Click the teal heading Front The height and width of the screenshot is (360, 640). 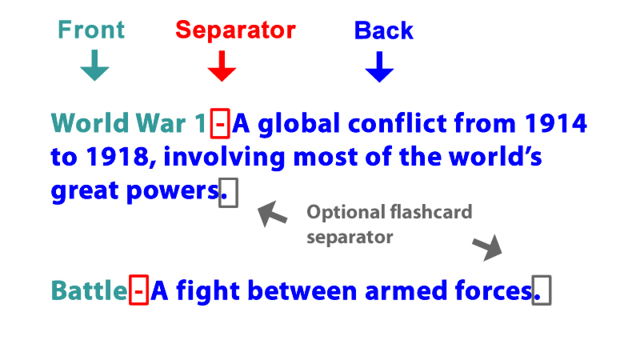pos(91,30)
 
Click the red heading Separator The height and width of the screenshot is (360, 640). pos(235,30)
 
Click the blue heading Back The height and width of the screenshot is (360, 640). pos(384,30)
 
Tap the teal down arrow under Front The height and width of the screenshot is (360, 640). pos(94,66)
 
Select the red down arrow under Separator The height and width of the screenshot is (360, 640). pos(222,66)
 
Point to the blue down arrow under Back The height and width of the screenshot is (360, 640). pos(379,66)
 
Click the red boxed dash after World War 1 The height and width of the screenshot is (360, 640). pos(220,123)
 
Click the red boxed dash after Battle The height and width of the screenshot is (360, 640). pos(138,290)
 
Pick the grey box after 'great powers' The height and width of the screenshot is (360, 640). pos(228,193)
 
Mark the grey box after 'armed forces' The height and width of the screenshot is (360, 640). pos(542,290)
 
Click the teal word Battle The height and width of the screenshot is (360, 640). pos(89,290)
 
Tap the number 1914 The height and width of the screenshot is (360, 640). pos(556,123)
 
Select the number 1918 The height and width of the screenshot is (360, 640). pos(118,157)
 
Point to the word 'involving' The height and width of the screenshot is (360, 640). pos(224,157)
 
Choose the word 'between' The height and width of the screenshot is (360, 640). pos(302,290)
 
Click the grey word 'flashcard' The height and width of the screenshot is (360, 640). pos(431,212)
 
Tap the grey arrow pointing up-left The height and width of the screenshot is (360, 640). pos(272,214)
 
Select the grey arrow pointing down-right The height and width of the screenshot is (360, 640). pos(487,247)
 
